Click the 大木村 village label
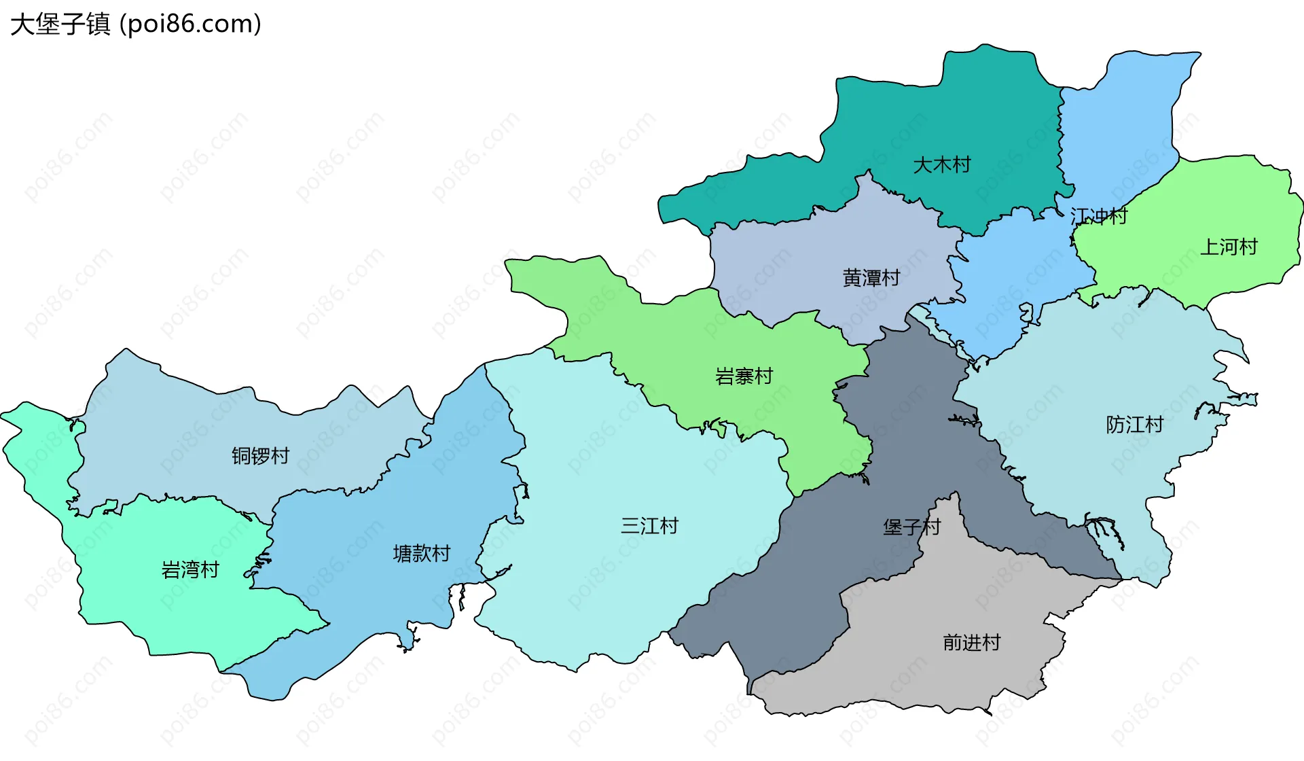[x=941, y=165]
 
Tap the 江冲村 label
[x=1098, y=217]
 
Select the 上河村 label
[x=1229, y=247]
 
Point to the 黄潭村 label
[x=871, y=278]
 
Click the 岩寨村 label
[x=744, y=376]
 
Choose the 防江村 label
[x=1134, y=425]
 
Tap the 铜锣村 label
[x=260, y=456]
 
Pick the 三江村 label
[x=649, y=526]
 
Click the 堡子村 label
[x=911, y=527]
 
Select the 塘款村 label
[x=421, y=554]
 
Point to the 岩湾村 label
[x=190, y=570]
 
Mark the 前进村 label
[x=971, y=643]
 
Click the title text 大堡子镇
[x=60, y=24]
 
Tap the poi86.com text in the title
[x=190, y=24]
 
